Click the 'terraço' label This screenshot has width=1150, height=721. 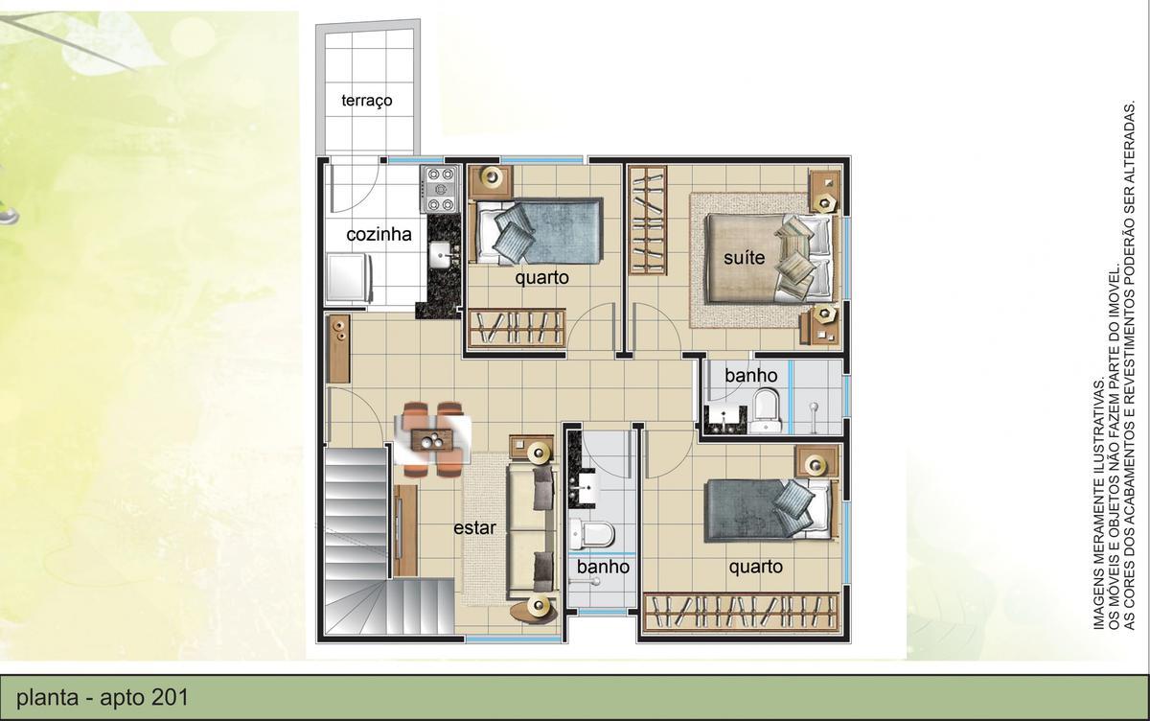coord(366,101)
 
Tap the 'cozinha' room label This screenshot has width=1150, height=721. coord(379,234)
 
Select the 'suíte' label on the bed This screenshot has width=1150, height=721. coord(744,257)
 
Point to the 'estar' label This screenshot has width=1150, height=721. coord(474,527)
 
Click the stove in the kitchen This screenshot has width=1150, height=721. coord(442,189)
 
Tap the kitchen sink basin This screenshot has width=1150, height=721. coord(442,253)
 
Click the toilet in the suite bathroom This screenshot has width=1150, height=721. coord(766,411)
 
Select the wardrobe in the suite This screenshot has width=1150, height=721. coord(648,221)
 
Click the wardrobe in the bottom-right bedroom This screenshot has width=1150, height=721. coord(743,613)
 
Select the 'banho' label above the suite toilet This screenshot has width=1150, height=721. coord(750,375)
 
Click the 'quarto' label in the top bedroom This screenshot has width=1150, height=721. coord(541,278)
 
